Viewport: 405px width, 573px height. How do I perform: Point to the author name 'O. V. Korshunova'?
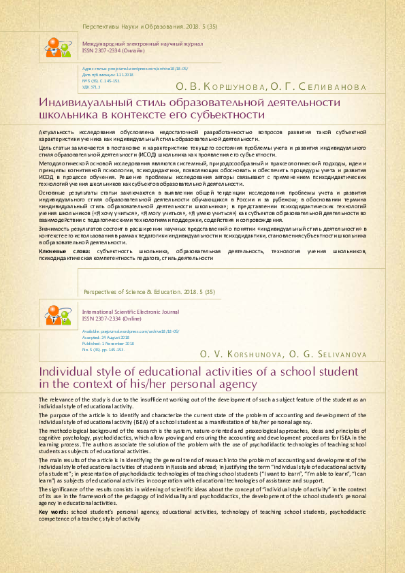tap(238, 355)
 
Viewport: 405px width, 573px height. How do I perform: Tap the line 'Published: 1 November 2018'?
tap(112, 344)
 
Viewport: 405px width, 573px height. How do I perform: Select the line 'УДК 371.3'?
tap(91, 88)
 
